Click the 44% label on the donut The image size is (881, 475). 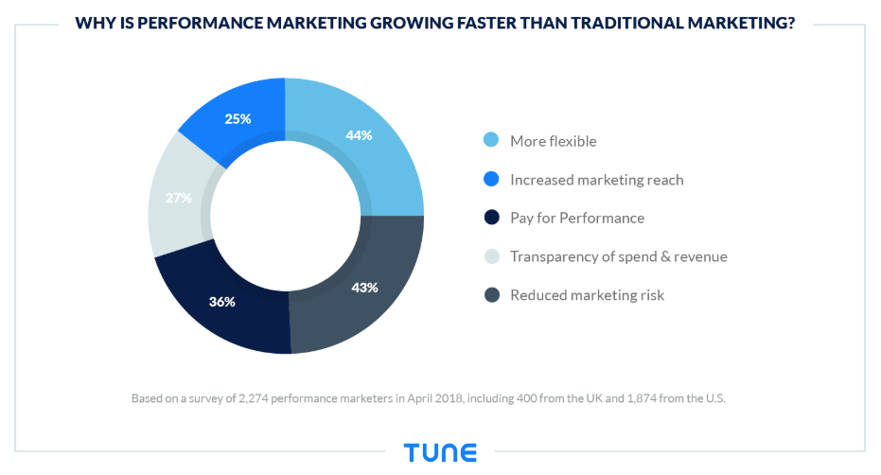pos(359,135)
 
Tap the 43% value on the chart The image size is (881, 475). pos(364,288)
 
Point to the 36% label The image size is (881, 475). pos(222,303)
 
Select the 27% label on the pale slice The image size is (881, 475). pos(179,198)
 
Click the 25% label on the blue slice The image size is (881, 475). pos(238,119)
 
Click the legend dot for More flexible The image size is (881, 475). pos(490,141)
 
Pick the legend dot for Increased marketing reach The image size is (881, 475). pos(490,180)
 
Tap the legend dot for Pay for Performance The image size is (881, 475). pos(490,218)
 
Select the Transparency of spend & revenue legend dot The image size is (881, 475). pos(490,256)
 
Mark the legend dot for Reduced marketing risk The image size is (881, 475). pos(490,295)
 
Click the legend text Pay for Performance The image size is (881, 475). pos(577,218)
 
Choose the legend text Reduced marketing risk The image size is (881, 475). pos(587,295)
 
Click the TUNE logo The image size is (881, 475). pos(440,452)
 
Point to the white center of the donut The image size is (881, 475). pos(286,216)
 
